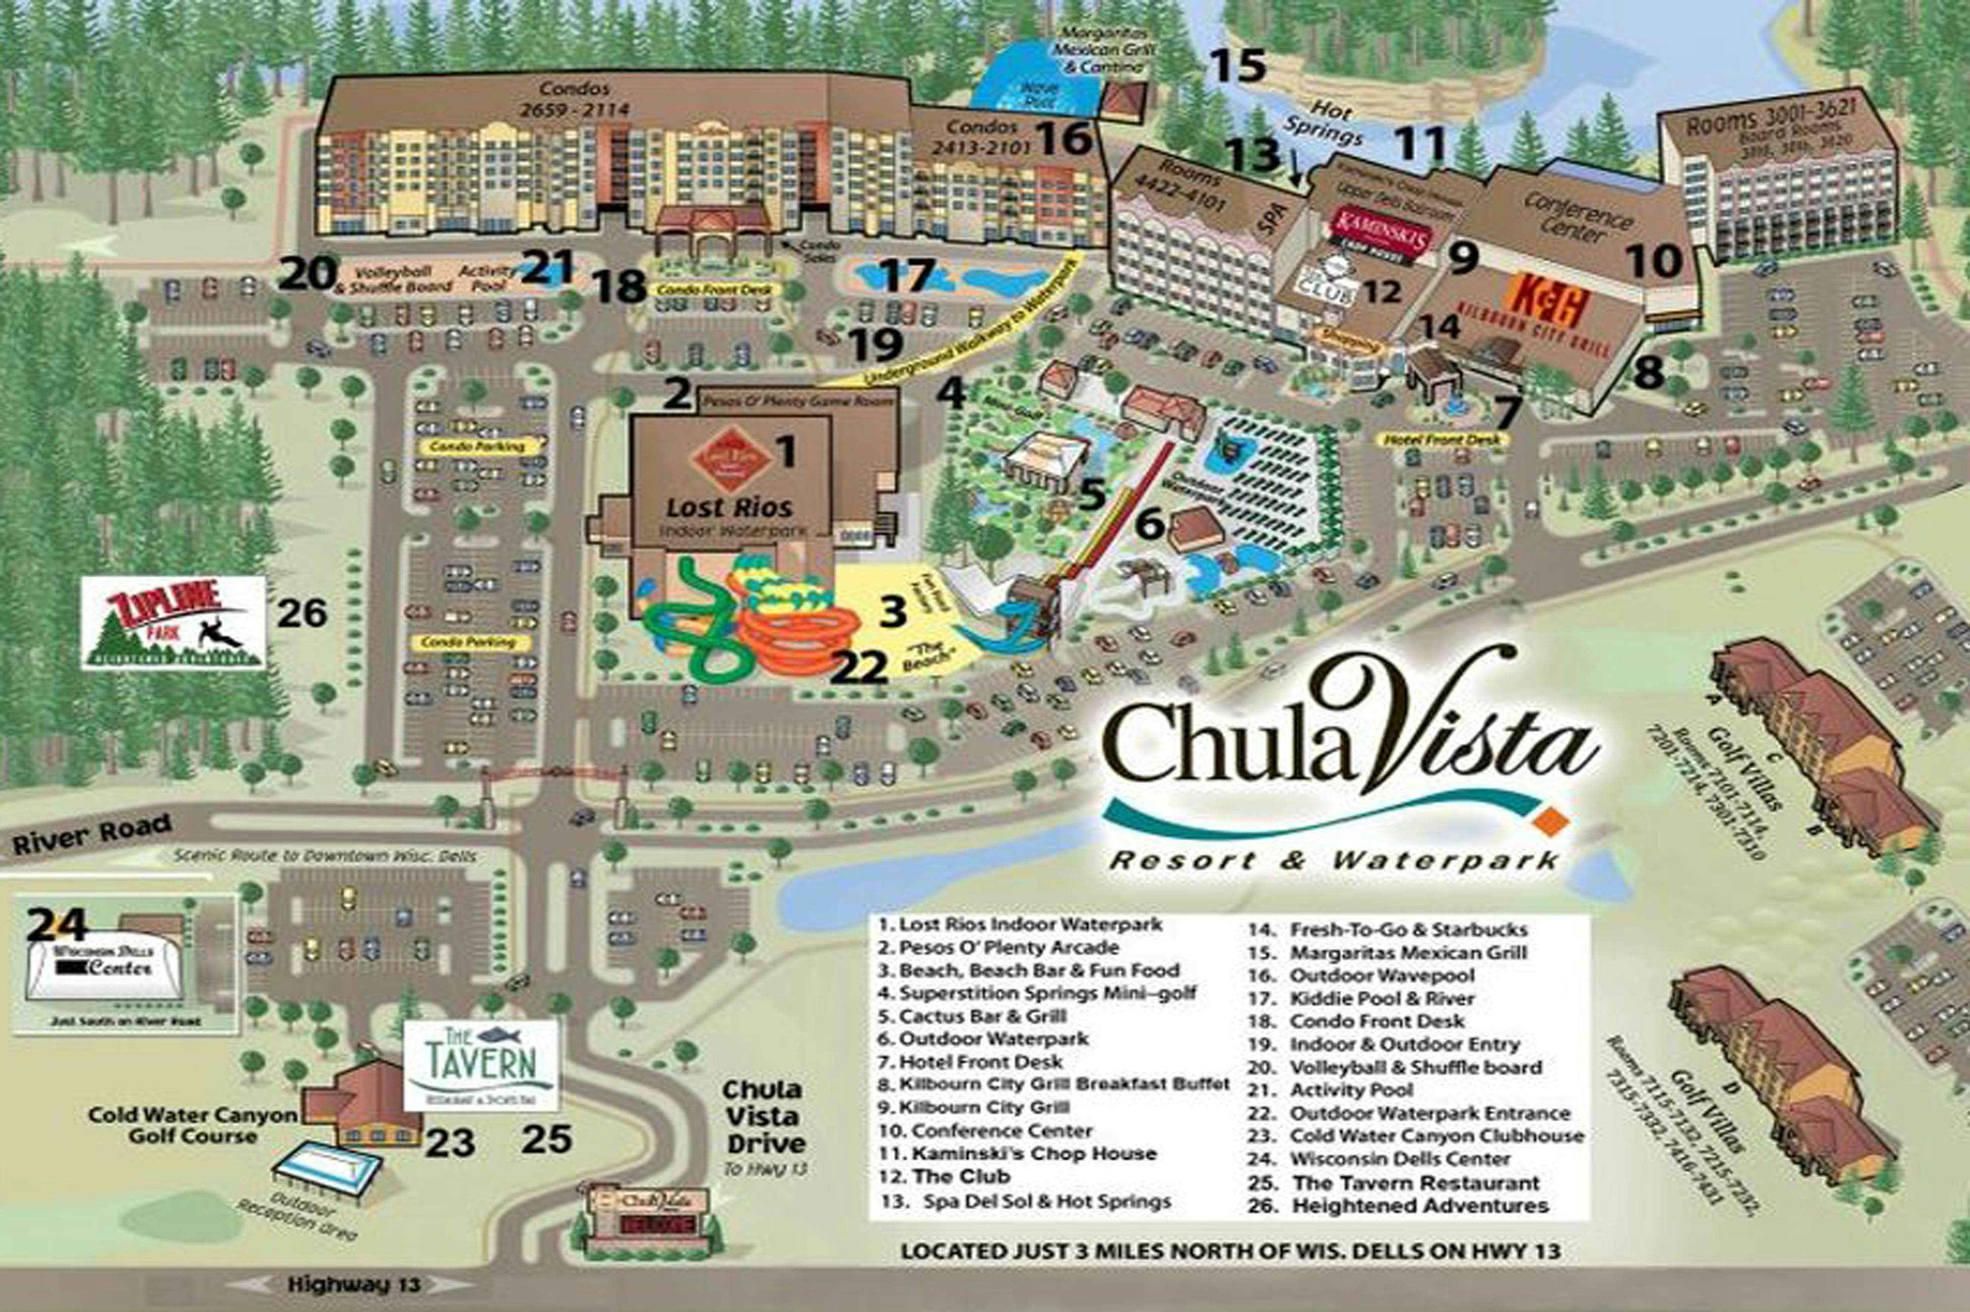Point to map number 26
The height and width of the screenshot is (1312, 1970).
click(x=302, y=613)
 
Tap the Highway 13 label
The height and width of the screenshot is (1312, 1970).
click(x=354, y=1284)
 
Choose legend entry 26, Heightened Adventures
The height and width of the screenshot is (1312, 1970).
click(x=1420, y=1205)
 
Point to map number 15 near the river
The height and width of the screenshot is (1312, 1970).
click(x=1239, y=65)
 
